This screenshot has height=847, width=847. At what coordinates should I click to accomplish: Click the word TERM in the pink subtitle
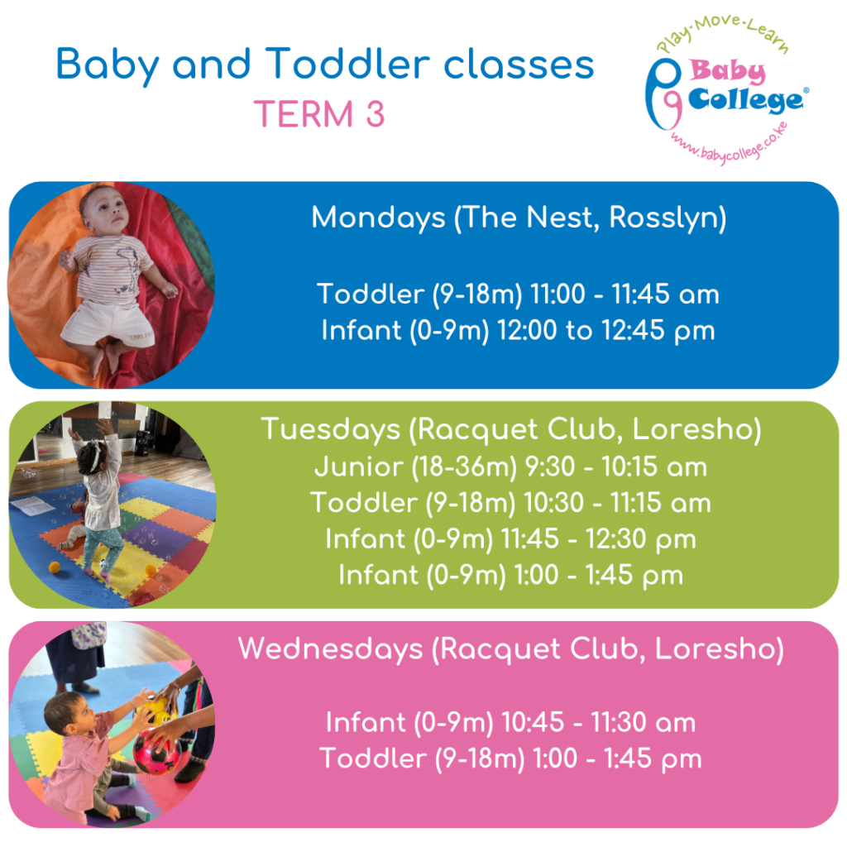[303, 114]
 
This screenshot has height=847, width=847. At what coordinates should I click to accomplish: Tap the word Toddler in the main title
[347, 65]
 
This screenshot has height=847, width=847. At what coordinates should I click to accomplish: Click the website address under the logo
[730, 145]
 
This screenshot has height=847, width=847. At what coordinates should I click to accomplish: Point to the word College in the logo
[746, 101]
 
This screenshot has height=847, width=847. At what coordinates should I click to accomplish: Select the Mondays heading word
[378, 218]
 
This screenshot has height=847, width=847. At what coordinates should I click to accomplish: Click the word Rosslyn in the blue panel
[668, 218]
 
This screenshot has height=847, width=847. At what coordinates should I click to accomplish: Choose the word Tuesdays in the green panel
[331, 429]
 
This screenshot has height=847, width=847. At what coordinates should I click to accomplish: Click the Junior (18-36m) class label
[416, 467]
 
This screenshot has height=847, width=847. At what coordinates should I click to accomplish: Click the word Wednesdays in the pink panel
[330, 648]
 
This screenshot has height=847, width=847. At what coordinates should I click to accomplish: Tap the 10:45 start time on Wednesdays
[533, 722]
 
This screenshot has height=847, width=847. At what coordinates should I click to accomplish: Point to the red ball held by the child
[157, 751]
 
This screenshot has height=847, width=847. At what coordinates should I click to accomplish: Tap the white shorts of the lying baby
[109, 323]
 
